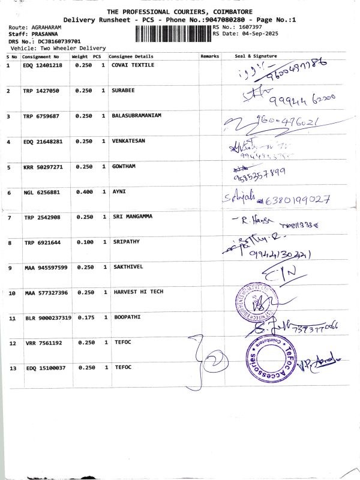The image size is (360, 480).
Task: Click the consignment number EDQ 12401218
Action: [42, 65]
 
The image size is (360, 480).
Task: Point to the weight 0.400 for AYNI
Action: [85, 192]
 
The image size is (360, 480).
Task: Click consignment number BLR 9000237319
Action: [48, 317]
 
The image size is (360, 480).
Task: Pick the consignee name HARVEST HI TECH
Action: [138, 292]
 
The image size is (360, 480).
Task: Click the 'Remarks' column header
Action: [210, 56]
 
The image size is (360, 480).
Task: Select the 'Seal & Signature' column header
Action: [257, 56]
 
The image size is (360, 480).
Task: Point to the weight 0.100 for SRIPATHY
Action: [85, 242]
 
